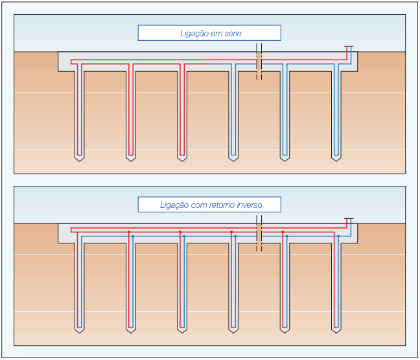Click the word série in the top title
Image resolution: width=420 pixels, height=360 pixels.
229,33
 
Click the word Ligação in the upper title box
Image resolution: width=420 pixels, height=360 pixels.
194,33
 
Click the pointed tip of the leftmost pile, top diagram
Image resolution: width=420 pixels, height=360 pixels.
79,160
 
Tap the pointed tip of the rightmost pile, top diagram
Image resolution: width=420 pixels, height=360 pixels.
336,160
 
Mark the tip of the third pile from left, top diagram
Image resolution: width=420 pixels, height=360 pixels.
182,160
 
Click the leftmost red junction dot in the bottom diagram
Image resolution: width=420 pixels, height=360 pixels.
129,231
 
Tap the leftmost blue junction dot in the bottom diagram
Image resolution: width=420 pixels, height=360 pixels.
133,236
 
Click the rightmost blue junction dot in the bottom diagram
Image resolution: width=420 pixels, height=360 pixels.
338,236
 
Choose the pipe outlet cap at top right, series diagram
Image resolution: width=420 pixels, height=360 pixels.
349,47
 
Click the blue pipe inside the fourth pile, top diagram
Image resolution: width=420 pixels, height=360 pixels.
233,110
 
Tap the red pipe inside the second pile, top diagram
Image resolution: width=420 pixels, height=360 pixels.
130,110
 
